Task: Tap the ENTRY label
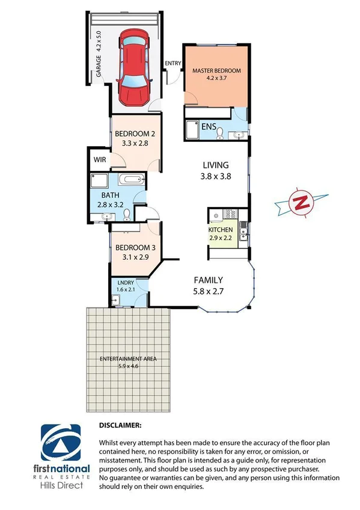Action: coord(172,63)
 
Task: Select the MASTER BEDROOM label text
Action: coord(216,71)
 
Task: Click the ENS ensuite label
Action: coord(209,127)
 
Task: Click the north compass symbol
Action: coord(299,203)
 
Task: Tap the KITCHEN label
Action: coord(220,230)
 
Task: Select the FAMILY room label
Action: coord(208,280)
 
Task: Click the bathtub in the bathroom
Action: coord(130,179)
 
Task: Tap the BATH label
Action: coord(110,195)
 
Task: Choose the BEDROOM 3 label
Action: coord(135,248)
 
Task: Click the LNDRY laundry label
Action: coord(125,283)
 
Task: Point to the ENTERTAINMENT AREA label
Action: coord(127,358)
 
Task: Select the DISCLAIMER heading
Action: coord(120,425)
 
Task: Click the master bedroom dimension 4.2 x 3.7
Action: coord(216,79)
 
